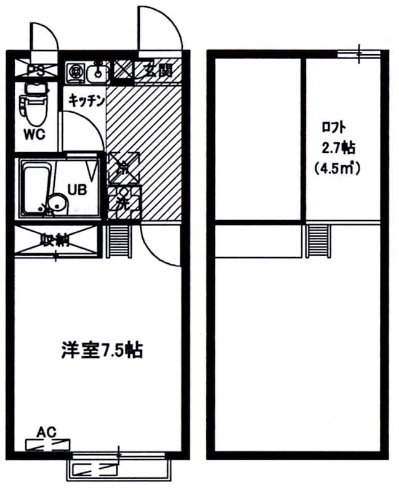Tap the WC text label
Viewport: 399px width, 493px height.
(35, 135)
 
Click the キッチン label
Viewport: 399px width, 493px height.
(86, 99)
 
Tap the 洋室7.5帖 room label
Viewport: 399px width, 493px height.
(102, 350)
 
